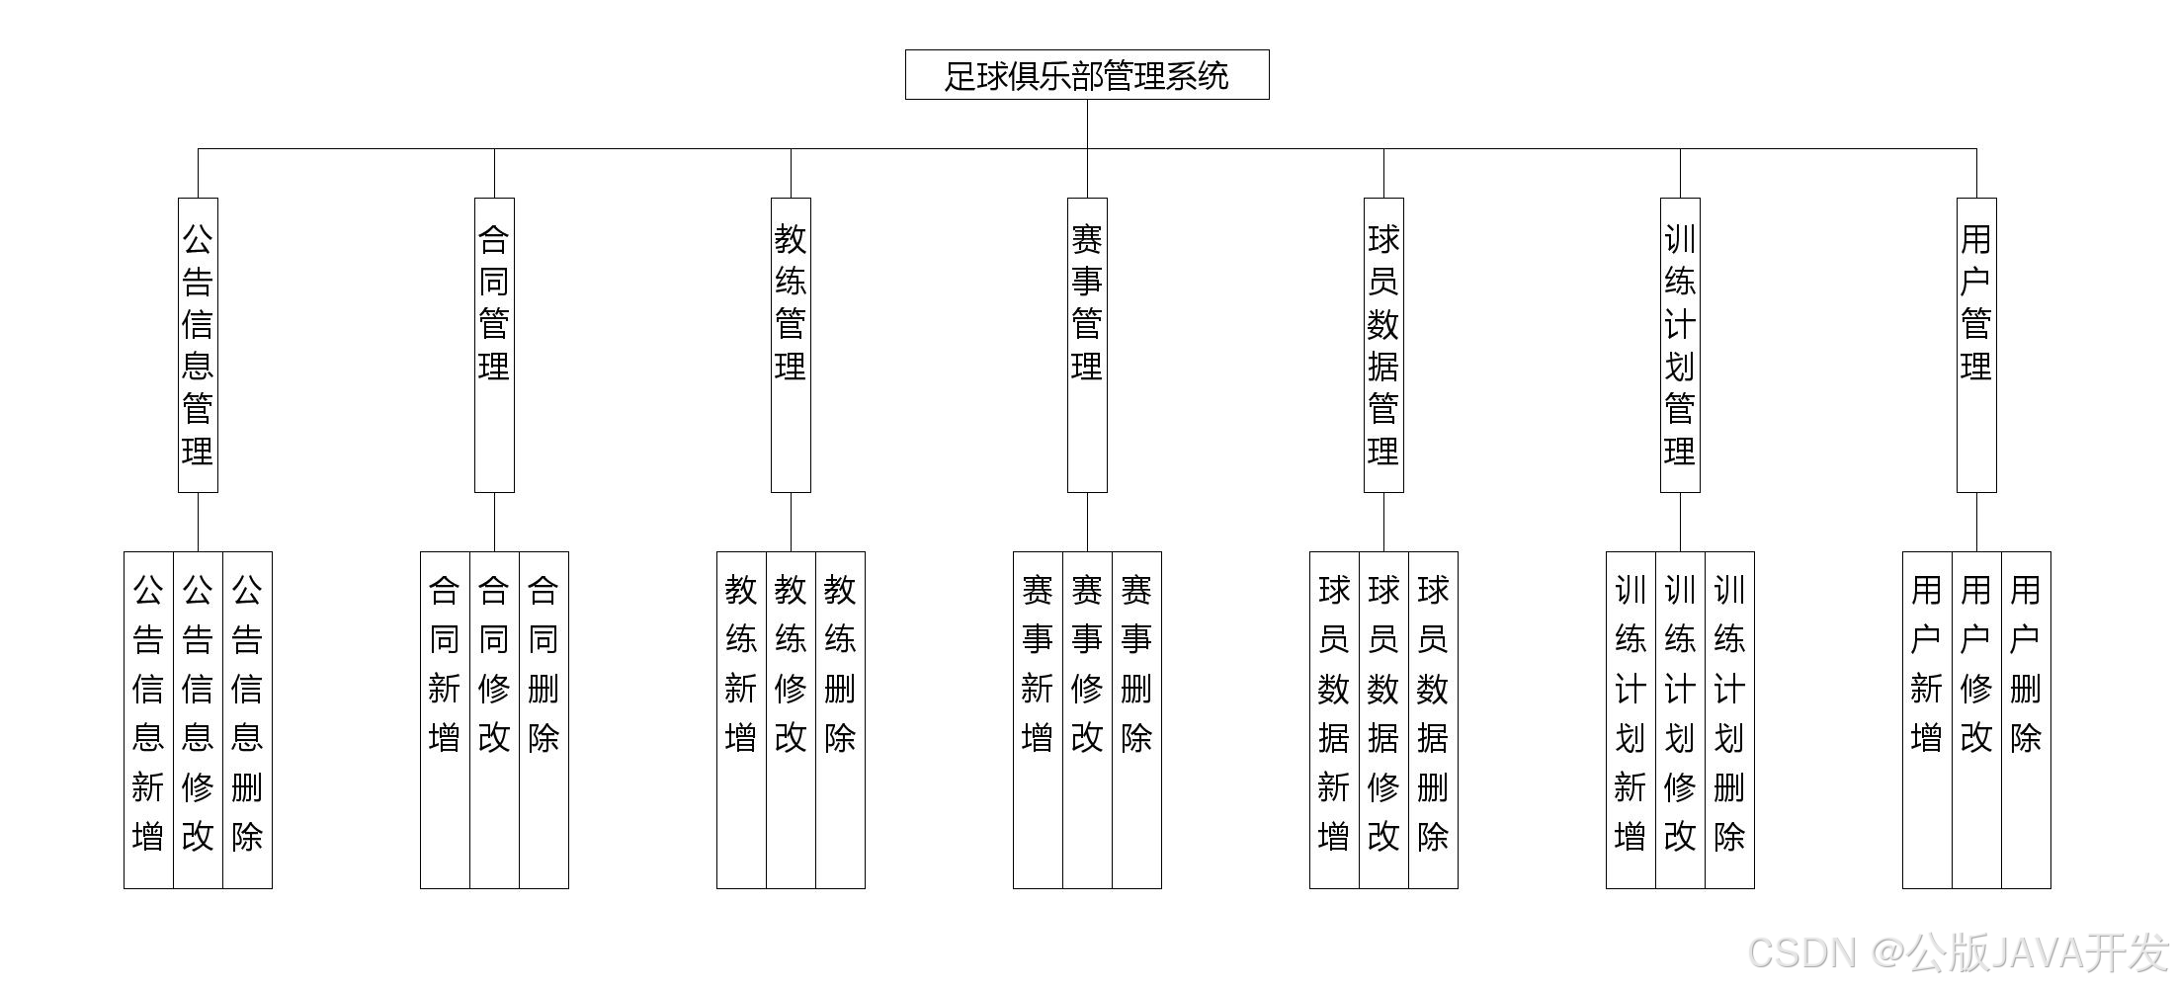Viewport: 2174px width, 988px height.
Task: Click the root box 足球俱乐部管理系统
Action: [1087, 75]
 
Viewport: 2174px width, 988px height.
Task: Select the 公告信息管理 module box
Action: [198, 345]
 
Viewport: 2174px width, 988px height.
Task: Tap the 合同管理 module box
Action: [494, 345]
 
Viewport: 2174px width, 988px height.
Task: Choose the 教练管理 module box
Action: [791, 345]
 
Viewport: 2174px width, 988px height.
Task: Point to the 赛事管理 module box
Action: [1087, 345]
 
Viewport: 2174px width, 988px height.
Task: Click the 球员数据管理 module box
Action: [1383, 345]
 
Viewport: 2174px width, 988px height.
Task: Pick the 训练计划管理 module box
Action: [1680, 345]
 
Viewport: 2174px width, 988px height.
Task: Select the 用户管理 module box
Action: [1976, 345]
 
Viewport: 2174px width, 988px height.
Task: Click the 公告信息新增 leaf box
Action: [148, 719]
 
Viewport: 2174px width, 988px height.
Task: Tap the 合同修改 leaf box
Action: [494, 719]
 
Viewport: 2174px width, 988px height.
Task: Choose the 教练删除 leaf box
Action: [840, 719]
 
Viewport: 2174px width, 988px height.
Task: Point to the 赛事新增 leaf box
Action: [1038, 719]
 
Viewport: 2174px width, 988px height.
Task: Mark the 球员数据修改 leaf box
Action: [1383, 719]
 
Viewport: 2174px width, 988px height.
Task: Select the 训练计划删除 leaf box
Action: [1729, 719]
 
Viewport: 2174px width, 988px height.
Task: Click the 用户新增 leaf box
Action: [1927, 719]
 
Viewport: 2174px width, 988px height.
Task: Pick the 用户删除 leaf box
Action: [2026, 719]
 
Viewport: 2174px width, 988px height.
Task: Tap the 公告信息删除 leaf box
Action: [247, 719]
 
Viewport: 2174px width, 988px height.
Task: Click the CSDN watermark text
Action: [1957, 952]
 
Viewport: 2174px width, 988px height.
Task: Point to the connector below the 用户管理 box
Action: [1976, 522]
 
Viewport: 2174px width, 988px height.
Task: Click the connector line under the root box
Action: [1087, 124]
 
